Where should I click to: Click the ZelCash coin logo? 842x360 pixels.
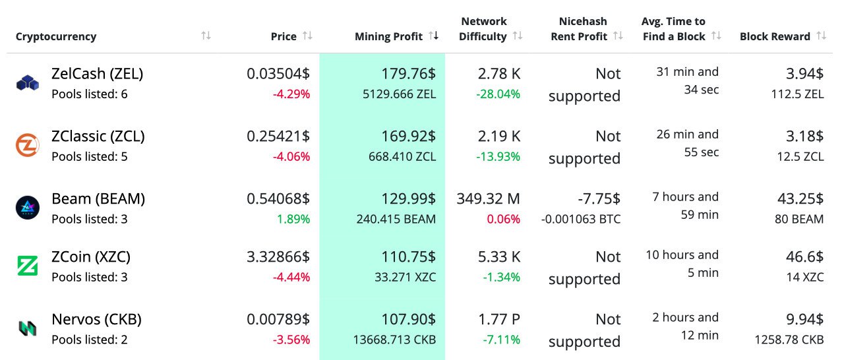point(28,83)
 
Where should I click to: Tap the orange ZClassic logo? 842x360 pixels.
point(28,145)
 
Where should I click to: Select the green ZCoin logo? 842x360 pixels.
point(28,266)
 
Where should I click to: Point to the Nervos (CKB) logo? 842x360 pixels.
point(28,328)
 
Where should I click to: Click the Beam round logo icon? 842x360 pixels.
point(28,208)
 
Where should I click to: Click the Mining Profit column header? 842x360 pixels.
point(388,37)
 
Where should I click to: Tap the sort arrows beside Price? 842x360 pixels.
point(307,36)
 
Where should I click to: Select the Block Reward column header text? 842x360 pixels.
point(775,37)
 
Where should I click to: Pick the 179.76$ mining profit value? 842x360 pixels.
point(408,73)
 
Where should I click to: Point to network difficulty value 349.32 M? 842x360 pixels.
point(488,198)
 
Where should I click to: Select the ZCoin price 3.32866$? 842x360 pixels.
point(278,256)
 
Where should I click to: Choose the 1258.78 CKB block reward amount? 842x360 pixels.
point(789,340)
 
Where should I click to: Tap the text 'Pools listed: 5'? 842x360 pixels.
point(90,156)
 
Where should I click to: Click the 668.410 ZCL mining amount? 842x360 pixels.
point(403,156)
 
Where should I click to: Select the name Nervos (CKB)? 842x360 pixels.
point(96,319)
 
